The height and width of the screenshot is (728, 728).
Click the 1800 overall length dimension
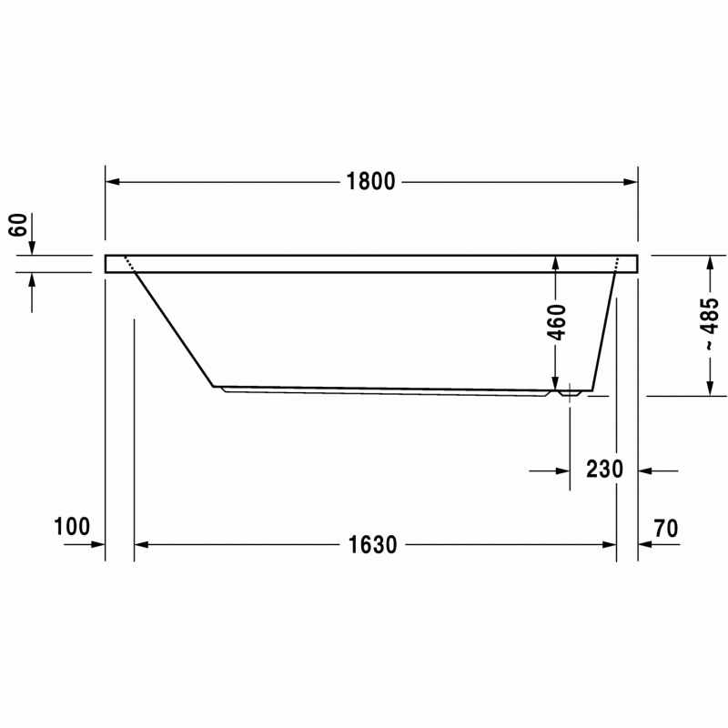(370, 181)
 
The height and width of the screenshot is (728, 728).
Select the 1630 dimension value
(372, 544)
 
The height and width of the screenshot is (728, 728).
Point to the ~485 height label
(711, 324)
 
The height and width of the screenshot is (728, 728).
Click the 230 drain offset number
(604, 469)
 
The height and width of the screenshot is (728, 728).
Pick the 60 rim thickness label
(18, 225)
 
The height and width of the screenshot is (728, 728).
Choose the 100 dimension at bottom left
(72, 527)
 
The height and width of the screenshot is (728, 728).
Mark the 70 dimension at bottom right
(666, 529)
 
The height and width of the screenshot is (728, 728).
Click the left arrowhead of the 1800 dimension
(112, 181)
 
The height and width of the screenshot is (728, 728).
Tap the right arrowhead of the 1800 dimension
(631, 182)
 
